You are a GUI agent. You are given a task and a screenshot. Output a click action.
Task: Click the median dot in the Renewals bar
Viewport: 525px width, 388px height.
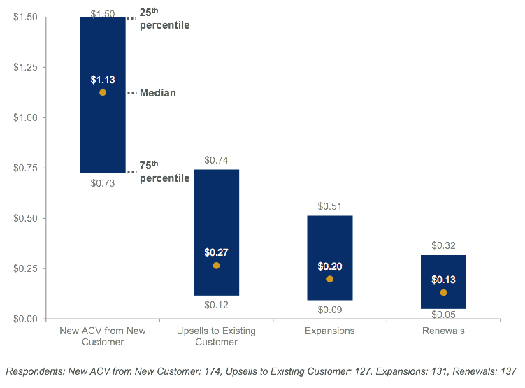443,292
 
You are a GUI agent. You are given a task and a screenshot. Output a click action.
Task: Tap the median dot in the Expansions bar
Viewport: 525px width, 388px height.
330,279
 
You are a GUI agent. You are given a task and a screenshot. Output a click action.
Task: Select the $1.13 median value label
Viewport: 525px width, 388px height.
103,79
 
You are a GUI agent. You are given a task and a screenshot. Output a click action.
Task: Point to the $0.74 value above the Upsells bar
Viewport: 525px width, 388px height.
216,160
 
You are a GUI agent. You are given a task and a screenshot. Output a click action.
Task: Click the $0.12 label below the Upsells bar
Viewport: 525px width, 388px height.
216,305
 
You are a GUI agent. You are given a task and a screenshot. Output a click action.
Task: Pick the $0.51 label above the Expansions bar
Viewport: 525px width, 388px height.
330,206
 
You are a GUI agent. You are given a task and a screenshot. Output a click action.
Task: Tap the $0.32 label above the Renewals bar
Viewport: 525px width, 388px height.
443,245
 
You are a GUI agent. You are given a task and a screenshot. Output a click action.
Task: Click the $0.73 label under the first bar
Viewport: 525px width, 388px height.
103,183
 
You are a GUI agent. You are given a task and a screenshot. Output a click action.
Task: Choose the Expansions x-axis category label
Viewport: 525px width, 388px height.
330,331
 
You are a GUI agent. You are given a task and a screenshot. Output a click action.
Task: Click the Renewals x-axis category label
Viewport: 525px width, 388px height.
443,331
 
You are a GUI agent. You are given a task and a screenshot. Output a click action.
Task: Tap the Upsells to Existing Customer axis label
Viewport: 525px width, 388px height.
216,336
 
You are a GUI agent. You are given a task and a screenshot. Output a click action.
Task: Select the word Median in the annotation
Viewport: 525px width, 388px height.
157,93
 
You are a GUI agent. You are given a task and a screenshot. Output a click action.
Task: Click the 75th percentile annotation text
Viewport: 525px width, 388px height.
164,172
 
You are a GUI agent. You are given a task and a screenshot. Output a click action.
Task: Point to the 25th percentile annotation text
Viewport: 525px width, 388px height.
164,20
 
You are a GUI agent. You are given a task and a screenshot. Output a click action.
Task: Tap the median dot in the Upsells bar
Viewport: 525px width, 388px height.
216,266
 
